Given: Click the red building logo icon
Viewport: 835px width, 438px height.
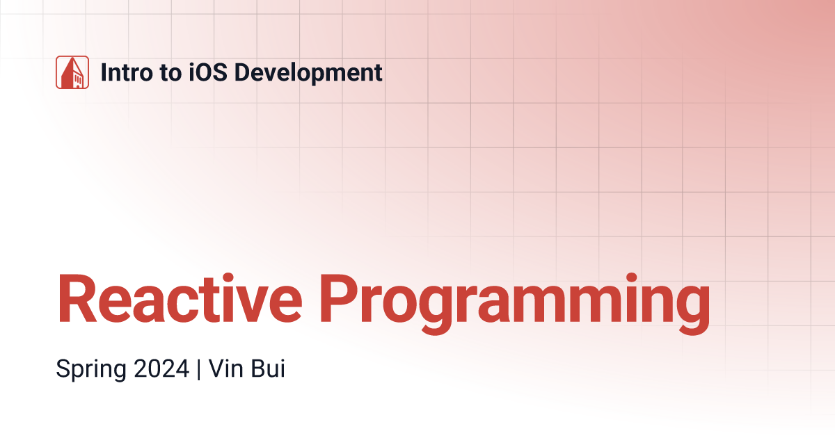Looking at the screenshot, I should [x=72, y=72].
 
